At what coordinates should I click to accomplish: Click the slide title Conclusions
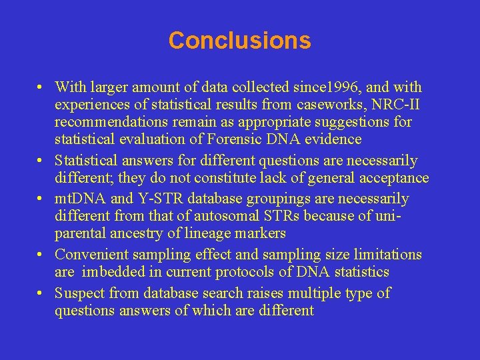pos(239,41)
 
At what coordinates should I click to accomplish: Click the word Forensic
pos(256,139)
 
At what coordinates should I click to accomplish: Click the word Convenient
pos(89,255)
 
